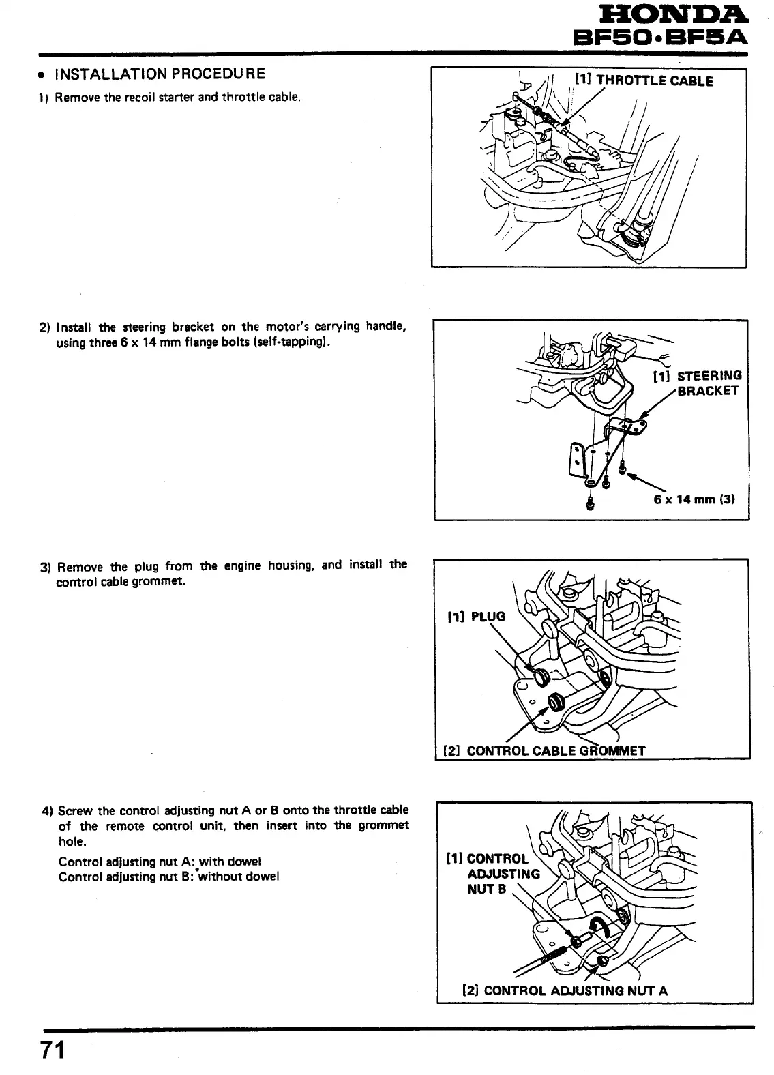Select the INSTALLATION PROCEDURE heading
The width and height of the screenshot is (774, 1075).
tap(160, 74)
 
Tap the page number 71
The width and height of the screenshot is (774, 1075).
tap(53, 1050)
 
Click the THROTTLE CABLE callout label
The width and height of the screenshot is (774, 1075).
tap(644, 80)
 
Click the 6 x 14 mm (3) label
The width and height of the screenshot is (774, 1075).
tap(693, 499)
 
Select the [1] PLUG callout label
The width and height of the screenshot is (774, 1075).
tap(476, 617)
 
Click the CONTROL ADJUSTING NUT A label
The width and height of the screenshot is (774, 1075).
tap(565, 990)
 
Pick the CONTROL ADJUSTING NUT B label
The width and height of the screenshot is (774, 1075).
tap(493, 874)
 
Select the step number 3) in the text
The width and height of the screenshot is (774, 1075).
tap(46, 568)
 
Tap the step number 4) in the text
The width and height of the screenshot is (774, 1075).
tap(47, 811)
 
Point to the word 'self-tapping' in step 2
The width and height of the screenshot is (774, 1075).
tap(291, 343)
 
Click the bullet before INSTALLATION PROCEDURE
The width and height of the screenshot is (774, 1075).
tap(42, 75)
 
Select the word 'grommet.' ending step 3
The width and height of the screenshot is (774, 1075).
tap(161, 582)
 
